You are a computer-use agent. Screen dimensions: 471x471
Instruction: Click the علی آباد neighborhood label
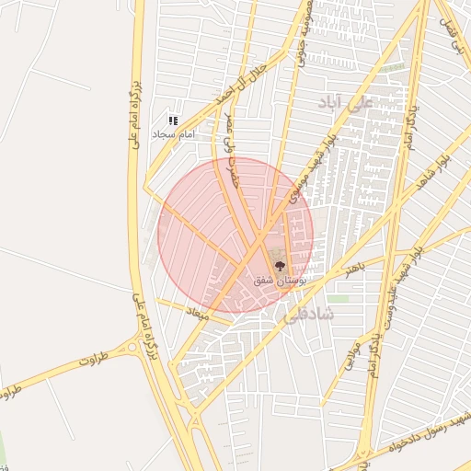346,100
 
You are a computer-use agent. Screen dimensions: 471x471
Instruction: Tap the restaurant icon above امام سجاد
172,121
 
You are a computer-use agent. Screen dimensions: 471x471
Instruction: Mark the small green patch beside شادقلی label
339,299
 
